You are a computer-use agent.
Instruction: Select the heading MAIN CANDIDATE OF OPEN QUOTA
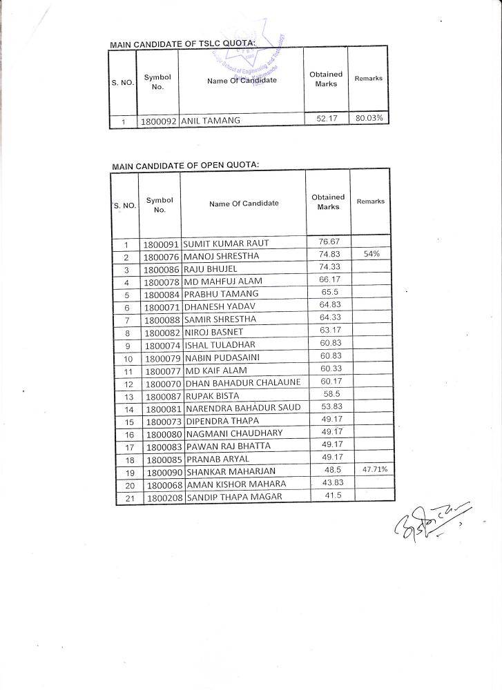pos(185,166)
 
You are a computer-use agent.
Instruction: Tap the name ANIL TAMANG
pos(211,121)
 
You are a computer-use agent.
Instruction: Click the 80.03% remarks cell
pos(369,119)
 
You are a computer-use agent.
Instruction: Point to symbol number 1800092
pos(159,121)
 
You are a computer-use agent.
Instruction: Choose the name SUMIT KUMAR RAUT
pos(226,244)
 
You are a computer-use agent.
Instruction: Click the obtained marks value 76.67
pos(329,241)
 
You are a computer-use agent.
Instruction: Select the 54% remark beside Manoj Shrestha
pos(371,255)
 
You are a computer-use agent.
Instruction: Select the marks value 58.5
pos(328,393)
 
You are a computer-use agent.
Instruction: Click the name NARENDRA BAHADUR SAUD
pos(242,408)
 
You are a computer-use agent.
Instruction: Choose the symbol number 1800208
pos(164,497)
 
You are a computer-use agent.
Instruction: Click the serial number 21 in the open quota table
pos(128,497)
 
